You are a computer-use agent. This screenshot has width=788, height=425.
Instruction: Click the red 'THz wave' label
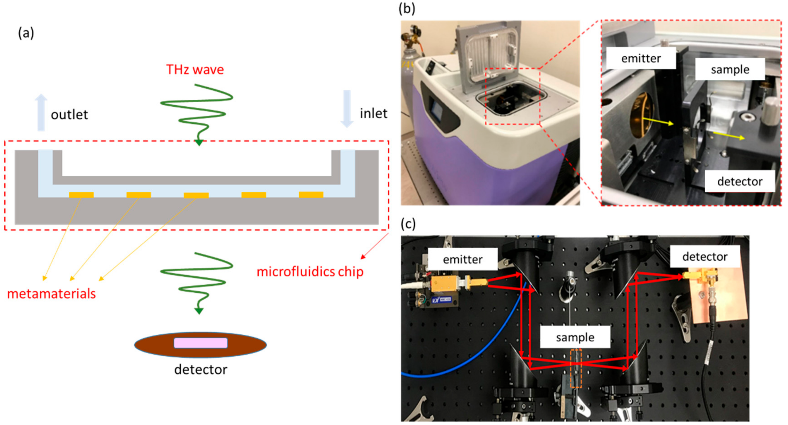click(195, 70)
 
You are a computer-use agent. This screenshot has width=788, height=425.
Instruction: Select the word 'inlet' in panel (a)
click(373, 113)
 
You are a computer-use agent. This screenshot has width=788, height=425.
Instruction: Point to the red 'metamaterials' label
click(51, 294)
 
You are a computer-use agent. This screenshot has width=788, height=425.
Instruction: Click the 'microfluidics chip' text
click(310, 272)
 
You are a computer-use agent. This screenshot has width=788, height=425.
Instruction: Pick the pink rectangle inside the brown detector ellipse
click(201, 343)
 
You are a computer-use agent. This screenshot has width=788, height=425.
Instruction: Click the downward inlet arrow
click(347, 109)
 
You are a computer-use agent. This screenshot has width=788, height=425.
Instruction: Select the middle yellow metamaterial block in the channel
click(196, 195)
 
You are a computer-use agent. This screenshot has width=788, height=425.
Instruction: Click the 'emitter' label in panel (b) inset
click(641, 58)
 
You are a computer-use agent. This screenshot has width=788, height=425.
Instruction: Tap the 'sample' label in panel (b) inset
click(730, 70)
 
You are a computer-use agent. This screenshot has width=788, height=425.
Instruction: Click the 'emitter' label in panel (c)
click(462, 259)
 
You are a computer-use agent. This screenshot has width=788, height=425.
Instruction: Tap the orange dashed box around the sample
click(576, 368)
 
